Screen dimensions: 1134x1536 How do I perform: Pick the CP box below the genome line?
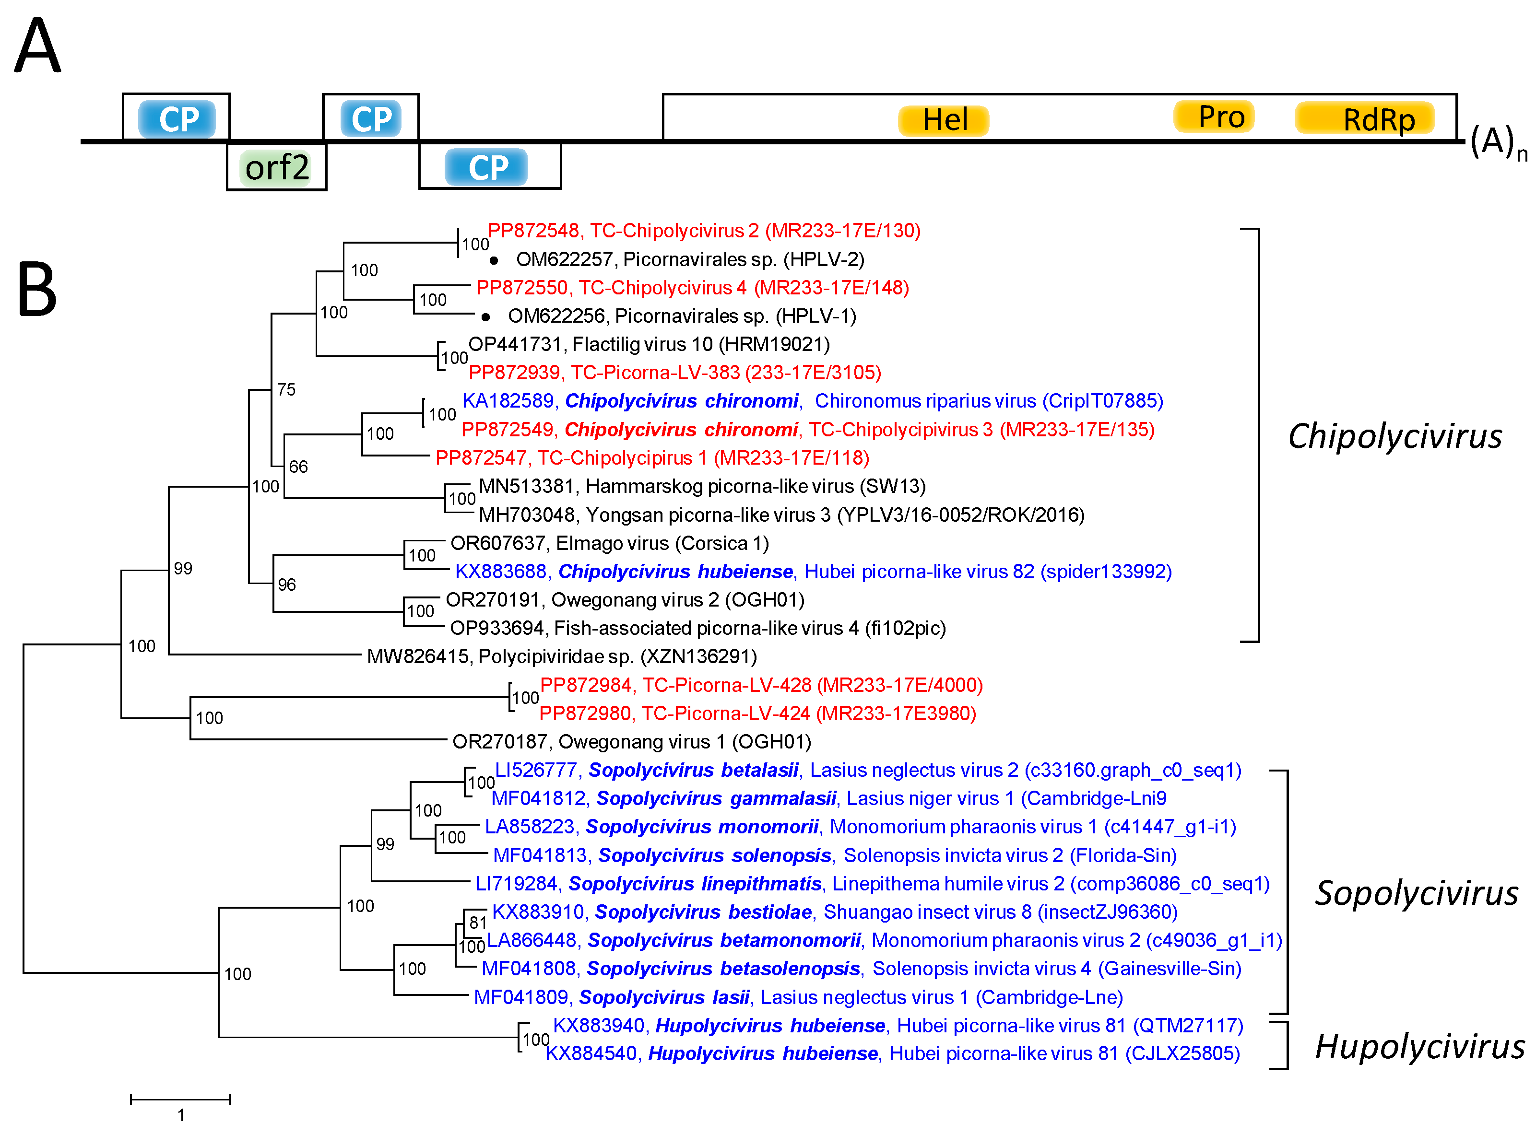point(487,167)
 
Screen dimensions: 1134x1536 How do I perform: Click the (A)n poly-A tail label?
point(1497,142)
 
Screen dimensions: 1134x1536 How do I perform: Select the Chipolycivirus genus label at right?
point(1394,436)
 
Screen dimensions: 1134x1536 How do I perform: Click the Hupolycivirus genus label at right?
point(1418,1047)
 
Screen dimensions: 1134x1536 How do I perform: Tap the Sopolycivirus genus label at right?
point(1416,893)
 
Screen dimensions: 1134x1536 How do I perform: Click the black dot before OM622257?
point(494,260)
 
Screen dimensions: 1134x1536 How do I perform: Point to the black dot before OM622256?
point(485,316)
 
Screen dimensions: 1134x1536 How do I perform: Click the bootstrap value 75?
point(286,390)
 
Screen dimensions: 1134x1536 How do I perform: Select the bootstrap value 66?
point(298,467)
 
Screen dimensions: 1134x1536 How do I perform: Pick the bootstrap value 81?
point(478,923)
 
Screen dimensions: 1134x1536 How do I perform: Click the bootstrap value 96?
point(286,585)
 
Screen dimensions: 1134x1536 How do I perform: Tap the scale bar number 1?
point(180,1115)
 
